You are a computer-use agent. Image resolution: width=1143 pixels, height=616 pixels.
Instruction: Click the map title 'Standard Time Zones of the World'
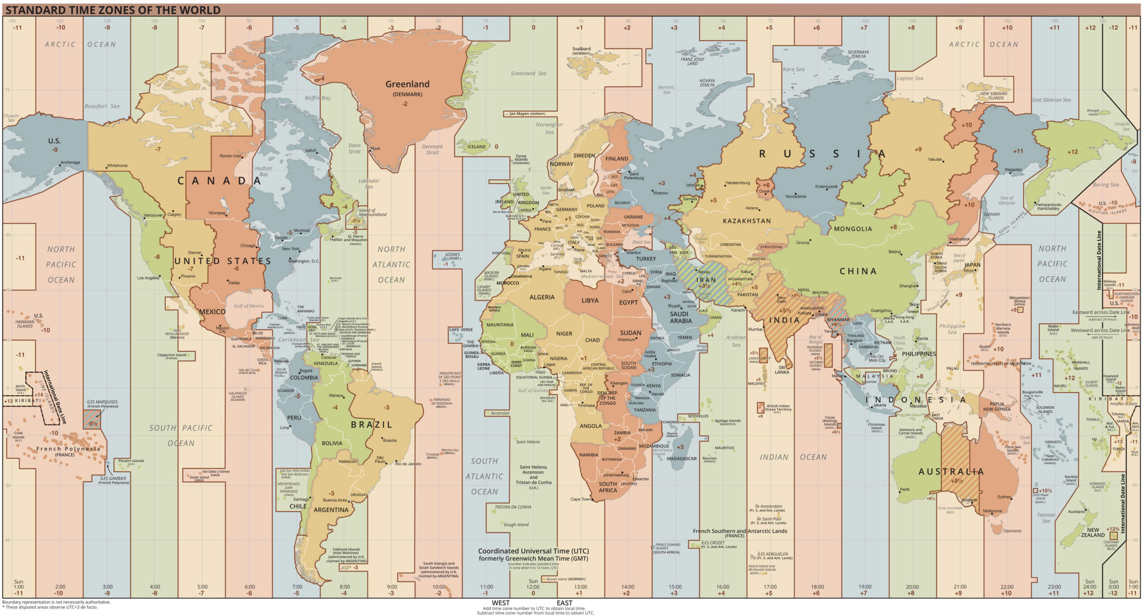[113, 10]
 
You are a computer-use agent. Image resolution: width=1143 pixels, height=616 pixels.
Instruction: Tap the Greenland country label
[407, 84]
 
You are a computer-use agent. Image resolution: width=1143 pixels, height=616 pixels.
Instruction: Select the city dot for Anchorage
[59, 165]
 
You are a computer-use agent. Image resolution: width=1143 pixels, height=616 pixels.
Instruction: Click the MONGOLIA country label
[853, 229]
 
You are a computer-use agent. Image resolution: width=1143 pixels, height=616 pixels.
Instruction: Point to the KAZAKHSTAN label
[747, 221]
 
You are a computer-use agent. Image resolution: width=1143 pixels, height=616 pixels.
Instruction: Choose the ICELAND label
[476, 146]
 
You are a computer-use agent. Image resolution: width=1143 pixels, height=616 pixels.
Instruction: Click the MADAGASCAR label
[681, 458]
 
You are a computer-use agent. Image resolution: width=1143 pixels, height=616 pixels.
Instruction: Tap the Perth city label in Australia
[905, 489]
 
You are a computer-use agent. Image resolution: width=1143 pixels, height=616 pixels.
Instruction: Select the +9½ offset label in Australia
[956, 481]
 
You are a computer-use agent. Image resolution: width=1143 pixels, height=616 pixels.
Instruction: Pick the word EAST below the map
[564, 603]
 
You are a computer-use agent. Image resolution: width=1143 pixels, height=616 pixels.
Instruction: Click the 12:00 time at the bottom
[533, 587]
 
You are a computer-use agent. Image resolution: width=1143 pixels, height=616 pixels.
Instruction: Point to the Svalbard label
[581, 49]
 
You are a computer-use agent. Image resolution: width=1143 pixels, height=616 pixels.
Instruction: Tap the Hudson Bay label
[263, 171]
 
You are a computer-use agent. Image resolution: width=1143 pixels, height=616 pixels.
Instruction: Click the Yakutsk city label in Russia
[934, 159]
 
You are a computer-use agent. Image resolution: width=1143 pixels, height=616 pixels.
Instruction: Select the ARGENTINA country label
[331, 510]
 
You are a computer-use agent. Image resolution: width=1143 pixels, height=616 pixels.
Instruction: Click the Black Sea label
[641, 242]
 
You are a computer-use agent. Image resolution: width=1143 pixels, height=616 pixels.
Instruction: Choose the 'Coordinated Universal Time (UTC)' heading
[533, 551]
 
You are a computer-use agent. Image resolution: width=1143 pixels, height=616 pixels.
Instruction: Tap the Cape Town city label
[580, 499]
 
